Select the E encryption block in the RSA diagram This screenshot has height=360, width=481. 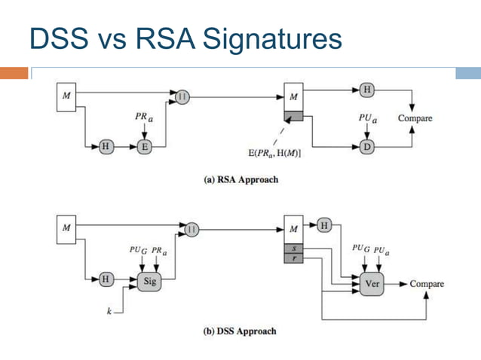click(x=144, y=147)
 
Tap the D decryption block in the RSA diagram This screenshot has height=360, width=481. click(x=367, y=147)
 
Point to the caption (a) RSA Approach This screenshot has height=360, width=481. click(x=241, y=180)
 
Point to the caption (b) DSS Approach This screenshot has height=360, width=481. click(x=241, y=331)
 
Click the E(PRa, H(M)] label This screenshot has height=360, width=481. click(x=275, y=154)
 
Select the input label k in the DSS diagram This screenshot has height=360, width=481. click(x=109, y=309)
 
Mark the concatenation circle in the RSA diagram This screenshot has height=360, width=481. click(x=182, y=96)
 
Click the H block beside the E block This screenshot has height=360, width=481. click(x=106, y=147)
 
